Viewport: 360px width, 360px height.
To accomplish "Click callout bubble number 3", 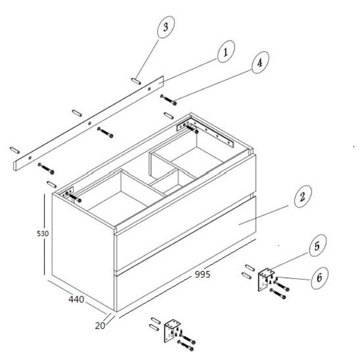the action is click(x=166, y=27).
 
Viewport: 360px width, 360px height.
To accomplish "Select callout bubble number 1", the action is click(x=226, y=52).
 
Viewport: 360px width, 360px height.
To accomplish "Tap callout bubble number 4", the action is click(x=260, y=62).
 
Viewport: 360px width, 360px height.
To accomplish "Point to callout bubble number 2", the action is click(x=303, y=196).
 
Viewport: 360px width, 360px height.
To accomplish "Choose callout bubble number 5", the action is click(x=318, y=246).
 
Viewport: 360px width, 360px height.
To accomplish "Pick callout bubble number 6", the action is click(x=320, y=278).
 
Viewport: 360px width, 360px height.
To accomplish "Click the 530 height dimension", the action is click(x=43, y=234).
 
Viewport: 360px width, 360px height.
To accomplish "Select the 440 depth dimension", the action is click(x=76, y=299).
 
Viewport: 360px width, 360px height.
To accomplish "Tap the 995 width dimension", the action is click(x=202, y=274).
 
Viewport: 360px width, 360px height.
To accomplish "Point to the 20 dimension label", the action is click(x=100, y=326).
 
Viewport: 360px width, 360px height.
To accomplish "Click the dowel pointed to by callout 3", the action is click(x=136, y=81).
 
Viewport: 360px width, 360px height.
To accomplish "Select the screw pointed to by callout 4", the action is click(x=168, y=100).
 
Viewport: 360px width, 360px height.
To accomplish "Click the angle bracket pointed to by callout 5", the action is click(x=266, y=280).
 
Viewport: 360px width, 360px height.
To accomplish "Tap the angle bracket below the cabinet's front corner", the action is click(x=172, y=331).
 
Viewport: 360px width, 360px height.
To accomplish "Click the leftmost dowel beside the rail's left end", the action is click(x=15, y=150).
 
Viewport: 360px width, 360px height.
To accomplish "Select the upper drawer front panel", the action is click(x=185, y=212).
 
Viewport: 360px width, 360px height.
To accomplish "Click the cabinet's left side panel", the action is click(x=83, y=252).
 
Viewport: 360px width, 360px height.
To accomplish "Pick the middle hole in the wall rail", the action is click(x=90, y=123).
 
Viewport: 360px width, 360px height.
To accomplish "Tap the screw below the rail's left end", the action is click(x=46, y=168).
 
